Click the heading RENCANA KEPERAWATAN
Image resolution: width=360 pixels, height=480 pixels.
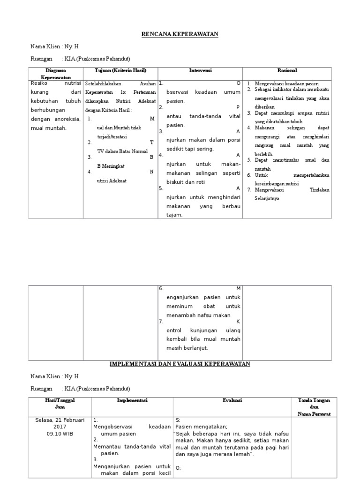point(180,34)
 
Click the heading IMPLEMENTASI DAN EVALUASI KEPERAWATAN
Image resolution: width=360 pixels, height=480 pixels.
point(180,364)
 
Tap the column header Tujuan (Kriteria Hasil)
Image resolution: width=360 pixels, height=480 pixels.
point(120,70)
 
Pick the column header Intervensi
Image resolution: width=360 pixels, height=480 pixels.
point(200,70)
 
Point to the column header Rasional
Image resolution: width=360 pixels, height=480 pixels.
point(287,70)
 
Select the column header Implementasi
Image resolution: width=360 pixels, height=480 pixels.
point(132,400)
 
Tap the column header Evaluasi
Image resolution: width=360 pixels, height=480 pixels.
point(232,400)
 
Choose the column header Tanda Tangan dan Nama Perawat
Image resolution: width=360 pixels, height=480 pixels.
point(314,407)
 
